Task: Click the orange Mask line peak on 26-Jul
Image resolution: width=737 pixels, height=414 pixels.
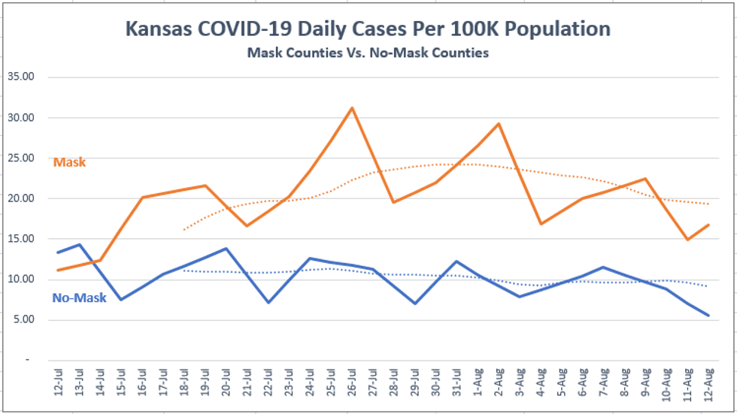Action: pos(352,108)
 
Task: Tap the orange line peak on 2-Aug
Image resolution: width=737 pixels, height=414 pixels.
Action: pos(499,124)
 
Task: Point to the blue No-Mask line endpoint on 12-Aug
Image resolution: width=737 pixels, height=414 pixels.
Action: pos(708,316)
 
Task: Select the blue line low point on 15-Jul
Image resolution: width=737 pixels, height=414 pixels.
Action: pos(121,300)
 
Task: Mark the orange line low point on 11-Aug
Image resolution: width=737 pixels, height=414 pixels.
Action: pos(687,240)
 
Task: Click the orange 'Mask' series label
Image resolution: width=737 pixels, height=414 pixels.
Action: pos(69,162)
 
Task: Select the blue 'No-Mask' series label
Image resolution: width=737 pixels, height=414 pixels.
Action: pos(79,298)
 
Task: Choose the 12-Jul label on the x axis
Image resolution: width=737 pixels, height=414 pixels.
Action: pos(59,386)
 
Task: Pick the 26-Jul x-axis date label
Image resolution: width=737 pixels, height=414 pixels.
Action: pos(352,386)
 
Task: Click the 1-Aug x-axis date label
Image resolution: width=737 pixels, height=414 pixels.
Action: pos(478,386)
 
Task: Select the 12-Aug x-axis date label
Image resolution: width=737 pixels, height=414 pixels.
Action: pos(708,386)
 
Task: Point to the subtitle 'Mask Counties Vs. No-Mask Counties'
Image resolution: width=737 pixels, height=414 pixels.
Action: pos(368,53)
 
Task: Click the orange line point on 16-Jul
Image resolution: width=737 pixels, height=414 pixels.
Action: pos(142,198)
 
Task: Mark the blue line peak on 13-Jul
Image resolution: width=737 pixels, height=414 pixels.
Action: pos(79,245)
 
